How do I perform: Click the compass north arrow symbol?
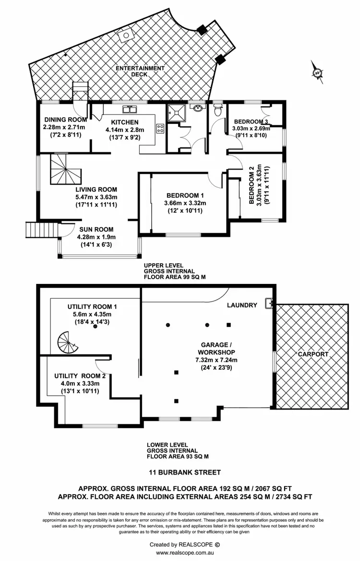(317, 73)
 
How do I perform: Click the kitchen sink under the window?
(129, 108)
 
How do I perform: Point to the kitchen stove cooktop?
(160, 129)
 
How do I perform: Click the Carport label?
(312, 354)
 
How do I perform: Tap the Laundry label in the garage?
(242, 305)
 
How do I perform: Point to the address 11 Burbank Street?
(184, 473)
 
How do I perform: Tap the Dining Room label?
(65, 120)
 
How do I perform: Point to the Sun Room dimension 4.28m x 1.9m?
(96, 237)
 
